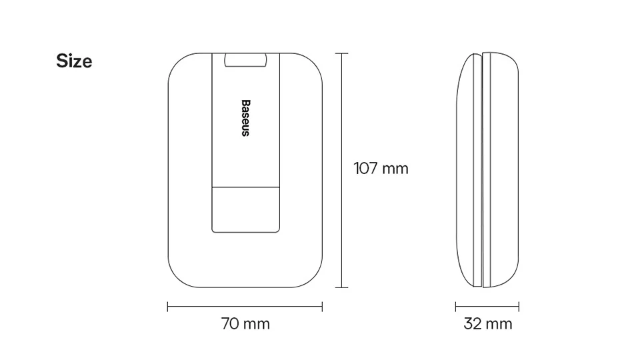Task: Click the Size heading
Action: point(74,61)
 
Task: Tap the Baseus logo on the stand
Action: point(245,118)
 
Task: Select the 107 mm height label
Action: point(381,169)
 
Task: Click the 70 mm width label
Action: point(245,324)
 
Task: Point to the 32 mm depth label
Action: point(488,324)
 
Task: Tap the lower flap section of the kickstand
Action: point(245,209)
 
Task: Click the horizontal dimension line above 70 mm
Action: point(200,307)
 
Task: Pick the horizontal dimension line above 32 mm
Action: point(487,307)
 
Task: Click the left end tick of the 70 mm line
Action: point(167,307)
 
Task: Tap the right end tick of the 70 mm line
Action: point(323,307)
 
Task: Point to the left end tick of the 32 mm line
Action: point(456,307)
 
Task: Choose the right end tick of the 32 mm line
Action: point(519,307)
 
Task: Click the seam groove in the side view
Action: point(481,170)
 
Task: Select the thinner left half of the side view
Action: point(468,170)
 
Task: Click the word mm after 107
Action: point(395,169)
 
